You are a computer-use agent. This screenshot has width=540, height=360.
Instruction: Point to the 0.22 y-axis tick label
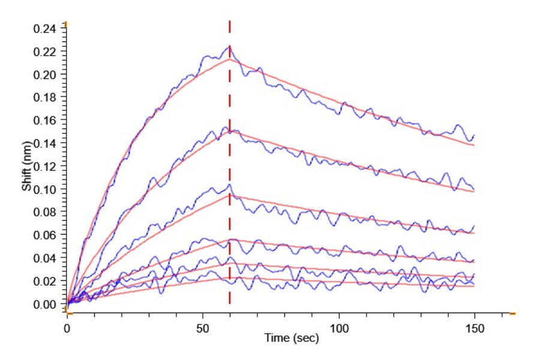pos(46,52)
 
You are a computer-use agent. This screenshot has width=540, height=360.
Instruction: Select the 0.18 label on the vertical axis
pos(46,97)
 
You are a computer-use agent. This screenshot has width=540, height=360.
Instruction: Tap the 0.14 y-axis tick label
pos(46,143)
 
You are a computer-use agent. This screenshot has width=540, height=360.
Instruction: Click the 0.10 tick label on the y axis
pos(46,189)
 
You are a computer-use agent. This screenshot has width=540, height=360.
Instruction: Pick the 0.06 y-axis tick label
pos(46,235)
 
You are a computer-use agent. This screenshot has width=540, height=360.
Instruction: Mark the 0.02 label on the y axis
pos(46,281)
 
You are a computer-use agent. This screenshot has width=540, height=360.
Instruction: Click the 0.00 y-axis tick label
pos(46,304)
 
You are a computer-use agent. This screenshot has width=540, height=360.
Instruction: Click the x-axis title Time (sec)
pos(292,339)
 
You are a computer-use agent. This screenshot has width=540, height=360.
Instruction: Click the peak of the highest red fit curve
pos(230,59)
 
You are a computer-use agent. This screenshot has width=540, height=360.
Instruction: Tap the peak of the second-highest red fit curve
pos(230,131)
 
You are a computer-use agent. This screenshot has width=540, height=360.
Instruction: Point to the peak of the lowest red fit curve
pos(230,277)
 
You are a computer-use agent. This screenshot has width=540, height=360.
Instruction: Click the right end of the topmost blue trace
pos(474,136)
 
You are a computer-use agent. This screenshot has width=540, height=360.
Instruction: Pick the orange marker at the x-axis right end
pos(512,313)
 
